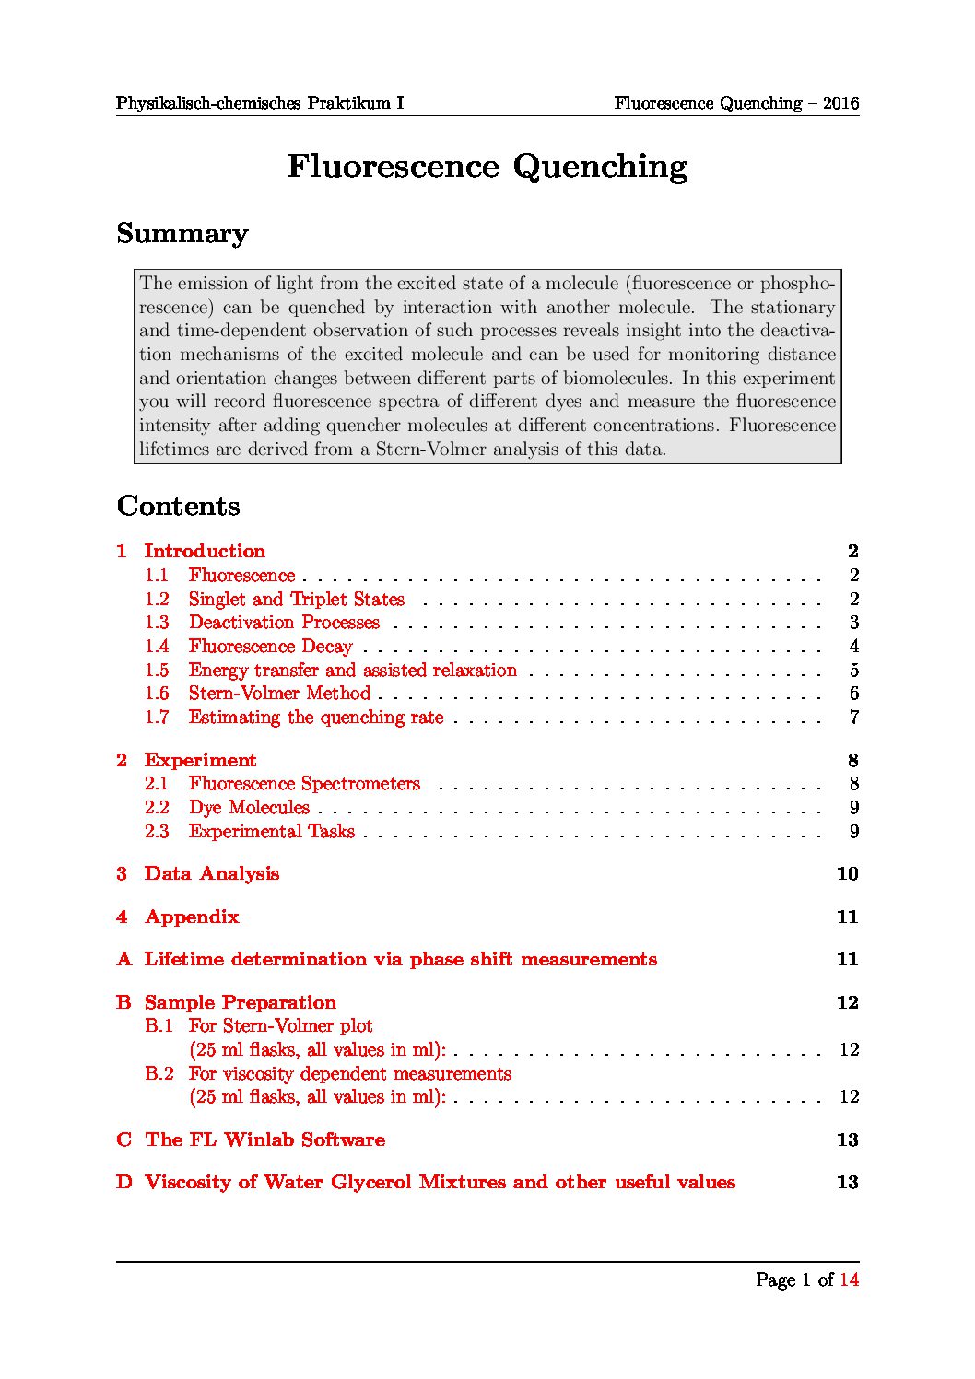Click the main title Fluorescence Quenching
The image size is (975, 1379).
(x=487, y=167)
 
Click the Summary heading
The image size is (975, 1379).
(x=182, y=234)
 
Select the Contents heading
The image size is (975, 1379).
(x=178, y=506)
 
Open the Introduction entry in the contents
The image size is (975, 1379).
(x=205, y=551)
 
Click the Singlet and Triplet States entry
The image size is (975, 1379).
(x=296, y=599)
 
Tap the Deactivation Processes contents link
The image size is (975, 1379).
(x=284, y=622)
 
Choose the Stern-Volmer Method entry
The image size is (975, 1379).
(x=279, y=693)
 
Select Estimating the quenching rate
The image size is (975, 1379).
(x=316, y=717)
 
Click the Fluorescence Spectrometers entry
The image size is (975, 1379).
(x=304, y=783)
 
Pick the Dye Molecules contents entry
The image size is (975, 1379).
(x=249, y=807)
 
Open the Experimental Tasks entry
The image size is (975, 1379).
(x=271, y=831)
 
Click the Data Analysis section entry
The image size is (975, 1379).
(x=211, y=873)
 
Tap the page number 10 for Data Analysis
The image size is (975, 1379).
(x=847, y=873)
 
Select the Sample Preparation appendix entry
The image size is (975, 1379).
(x=240, y=1002)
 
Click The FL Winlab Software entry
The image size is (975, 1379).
(x=264, y=1139)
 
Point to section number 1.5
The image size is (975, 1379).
(x=157, y=670)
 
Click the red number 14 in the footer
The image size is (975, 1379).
(x=849, y=1280)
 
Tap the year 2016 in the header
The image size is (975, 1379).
(x=840, y=103)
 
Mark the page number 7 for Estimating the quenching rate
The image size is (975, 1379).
(x=854, y=717)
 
